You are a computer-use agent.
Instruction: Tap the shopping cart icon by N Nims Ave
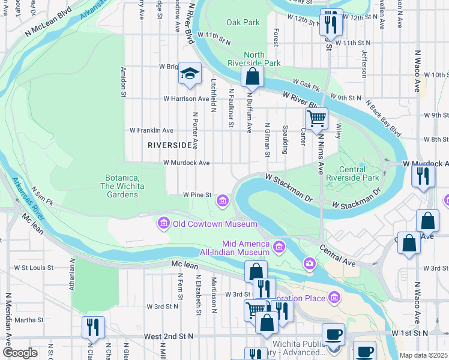click(316, 118)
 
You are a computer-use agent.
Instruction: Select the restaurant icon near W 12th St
click(331, 23)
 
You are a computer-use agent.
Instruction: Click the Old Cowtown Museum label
click(207, 224)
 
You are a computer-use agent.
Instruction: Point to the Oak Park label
click(243, 23)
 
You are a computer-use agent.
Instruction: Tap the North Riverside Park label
click(254, 58)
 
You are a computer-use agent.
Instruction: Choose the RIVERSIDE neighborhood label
click(170, 145)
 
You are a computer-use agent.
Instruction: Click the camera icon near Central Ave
click(310, 263)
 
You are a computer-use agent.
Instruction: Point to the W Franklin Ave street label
click(151, 130)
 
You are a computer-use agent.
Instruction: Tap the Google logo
click(20, 353)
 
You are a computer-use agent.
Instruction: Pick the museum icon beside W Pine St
click(223, 200)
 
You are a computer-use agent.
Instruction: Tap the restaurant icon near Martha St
click(93, 328)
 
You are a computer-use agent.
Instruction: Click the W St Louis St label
click(34, 268)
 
